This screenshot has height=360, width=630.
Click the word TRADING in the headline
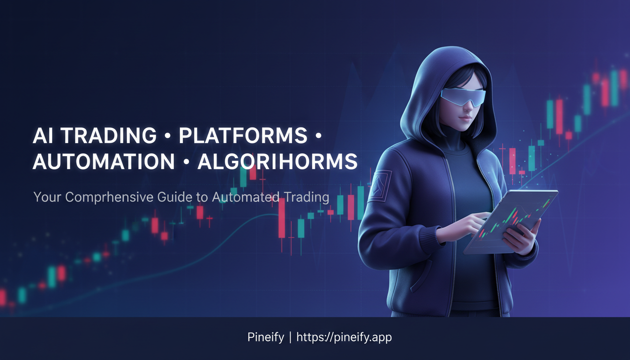(x=109, y=136)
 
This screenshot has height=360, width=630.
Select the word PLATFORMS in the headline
(x=243, y=136)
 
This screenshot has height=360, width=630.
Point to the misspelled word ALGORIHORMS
(x=277, y=162)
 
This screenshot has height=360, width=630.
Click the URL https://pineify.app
(x=344, y=337)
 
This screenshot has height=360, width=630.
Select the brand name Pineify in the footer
(x=266, y=337)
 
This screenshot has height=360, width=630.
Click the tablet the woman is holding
(x=511, y=220)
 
